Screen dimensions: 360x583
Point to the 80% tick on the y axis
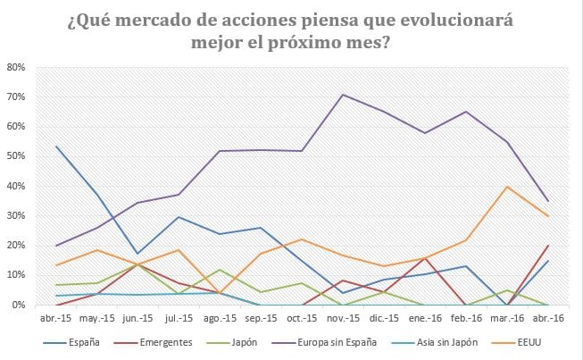(x=17, y=67)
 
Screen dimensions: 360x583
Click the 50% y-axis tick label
(x=17, y=156)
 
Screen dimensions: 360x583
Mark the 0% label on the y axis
(x=20, y=306)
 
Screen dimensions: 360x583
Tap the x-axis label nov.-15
(x=342, y=318)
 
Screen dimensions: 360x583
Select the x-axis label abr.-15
(x=56, y=318)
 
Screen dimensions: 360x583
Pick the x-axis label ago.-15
(x=220, y=318)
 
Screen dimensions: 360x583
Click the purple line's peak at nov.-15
(x=342, y=94)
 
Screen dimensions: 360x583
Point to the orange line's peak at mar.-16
(x=507, y=187)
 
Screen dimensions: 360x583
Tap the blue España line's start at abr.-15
(x=56, y=146)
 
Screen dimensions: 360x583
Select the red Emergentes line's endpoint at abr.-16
(x=547, y=245)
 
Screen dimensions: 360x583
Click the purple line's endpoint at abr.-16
(x=547, y=201)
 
